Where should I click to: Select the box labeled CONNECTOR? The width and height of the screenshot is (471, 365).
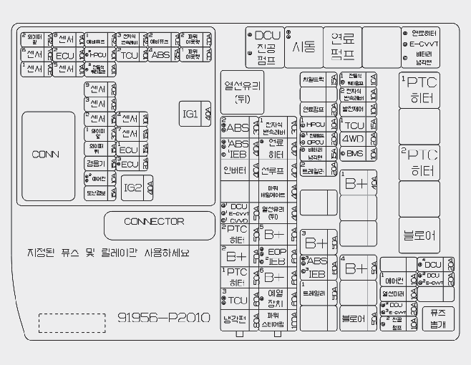click(154, 223)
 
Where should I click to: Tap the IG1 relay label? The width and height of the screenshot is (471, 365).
click(190, 114)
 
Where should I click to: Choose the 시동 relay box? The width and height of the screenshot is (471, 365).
click(304, 47)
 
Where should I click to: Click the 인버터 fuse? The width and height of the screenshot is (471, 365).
click(235, 170)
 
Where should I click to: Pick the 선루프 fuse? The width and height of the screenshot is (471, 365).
click(273, 171)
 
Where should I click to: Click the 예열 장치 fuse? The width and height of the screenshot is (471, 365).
click(276, 298)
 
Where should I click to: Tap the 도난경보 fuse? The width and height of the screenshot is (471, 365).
click(96, 192)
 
